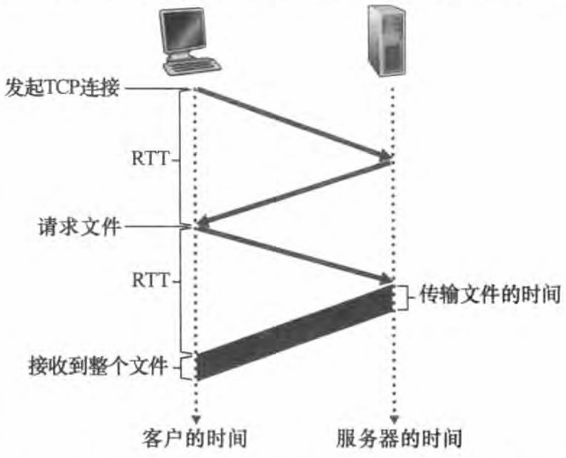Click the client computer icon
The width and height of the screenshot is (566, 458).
point(189,40)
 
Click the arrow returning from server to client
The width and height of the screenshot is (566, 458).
point(293,191)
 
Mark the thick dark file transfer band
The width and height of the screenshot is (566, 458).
point(293,332)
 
